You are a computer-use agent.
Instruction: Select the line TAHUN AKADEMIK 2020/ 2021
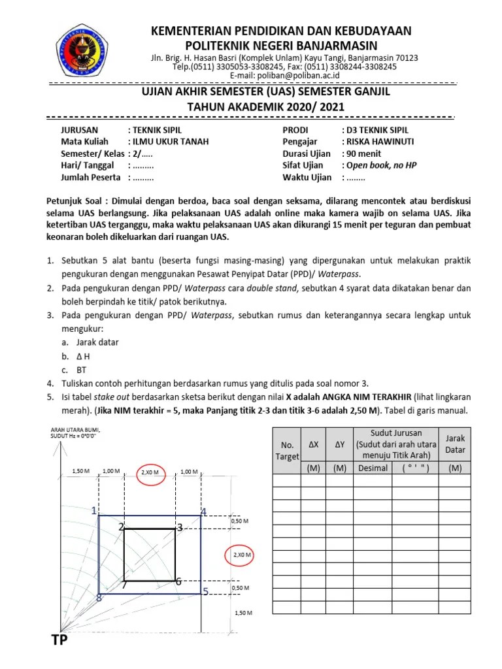tap(275, 106)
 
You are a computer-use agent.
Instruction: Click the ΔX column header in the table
tap(313, 445)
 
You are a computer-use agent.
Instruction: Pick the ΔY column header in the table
tap(339, 445)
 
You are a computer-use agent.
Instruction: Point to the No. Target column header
tap(286, 450)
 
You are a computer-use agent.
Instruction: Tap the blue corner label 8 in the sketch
tap(99, 597)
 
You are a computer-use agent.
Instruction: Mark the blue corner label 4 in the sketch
tap(203, 512)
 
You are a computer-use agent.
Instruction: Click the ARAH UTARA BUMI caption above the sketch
tap(74, 429)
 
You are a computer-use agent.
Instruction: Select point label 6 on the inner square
tap(177, 581)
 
